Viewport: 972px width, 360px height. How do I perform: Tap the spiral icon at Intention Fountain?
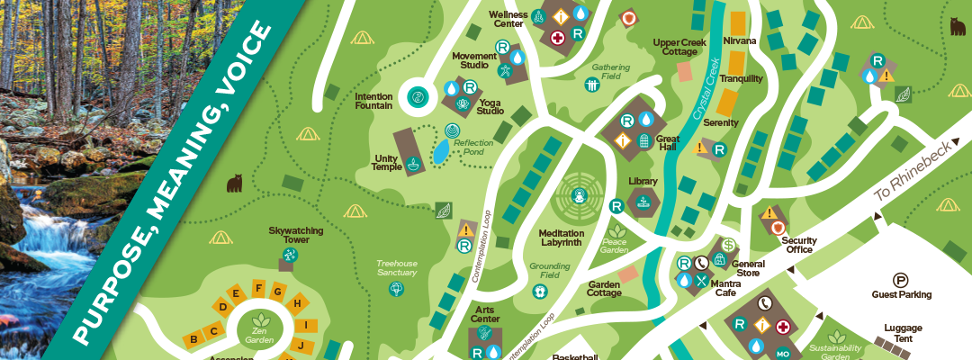click(418, 97)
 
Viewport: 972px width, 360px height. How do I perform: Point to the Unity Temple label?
click(386, 163)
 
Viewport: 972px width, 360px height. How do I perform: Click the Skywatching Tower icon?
click(286, 256)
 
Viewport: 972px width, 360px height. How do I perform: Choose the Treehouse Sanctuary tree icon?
click(395, 289)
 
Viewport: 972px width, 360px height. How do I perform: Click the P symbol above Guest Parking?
click(900, 280)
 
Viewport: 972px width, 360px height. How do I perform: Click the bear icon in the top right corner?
click(957, 27)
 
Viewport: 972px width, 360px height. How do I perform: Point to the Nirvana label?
click(739, 41)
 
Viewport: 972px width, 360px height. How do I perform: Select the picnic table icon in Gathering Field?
click(592, 85)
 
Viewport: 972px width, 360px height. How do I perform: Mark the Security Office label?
click(798, 245)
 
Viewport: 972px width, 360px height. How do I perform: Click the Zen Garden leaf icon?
click(261, 320)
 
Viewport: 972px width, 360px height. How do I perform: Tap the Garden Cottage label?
click(605, 289)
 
